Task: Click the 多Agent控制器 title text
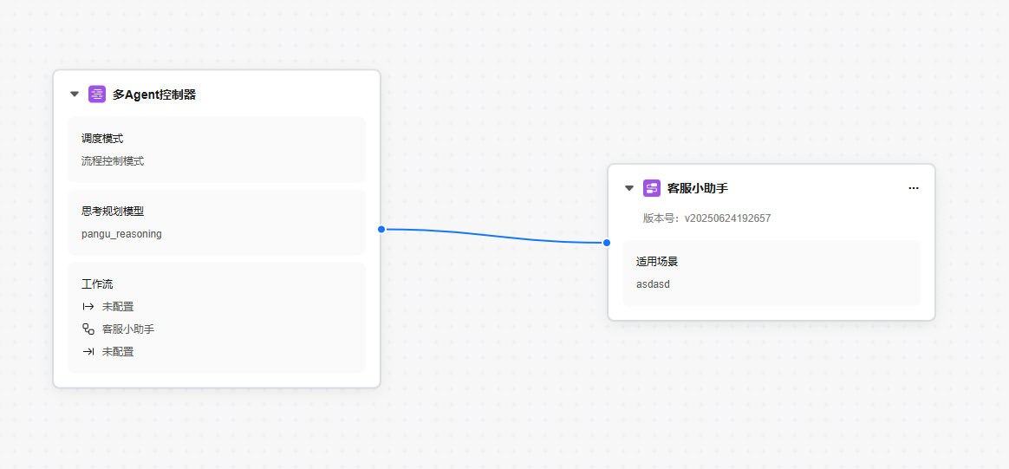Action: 153,94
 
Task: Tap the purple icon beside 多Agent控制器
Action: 97,94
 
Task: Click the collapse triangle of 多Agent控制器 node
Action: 75,94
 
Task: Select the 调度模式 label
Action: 102,139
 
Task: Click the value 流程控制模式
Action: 113,161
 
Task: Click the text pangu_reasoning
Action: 121,234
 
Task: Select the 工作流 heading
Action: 97,283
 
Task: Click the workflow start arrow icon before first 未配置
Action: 88,306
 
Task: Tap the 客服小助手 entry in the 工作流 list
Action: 128,329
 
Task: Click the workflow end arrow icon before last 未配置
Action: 88,352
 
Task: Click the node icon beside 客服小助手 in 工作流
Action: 88,329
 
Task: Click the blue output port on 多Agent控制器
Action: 381,229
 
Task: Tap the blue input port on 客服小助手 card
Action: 606,243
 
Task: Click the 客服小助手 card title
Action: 698,188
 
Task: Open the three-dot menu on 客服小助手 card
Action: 914,188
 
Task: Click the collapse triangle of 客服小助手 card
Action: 629,188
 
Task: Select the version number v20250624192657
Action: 727,218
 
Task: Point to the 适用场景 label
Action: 657,262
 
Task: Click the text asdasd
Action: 653,283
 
